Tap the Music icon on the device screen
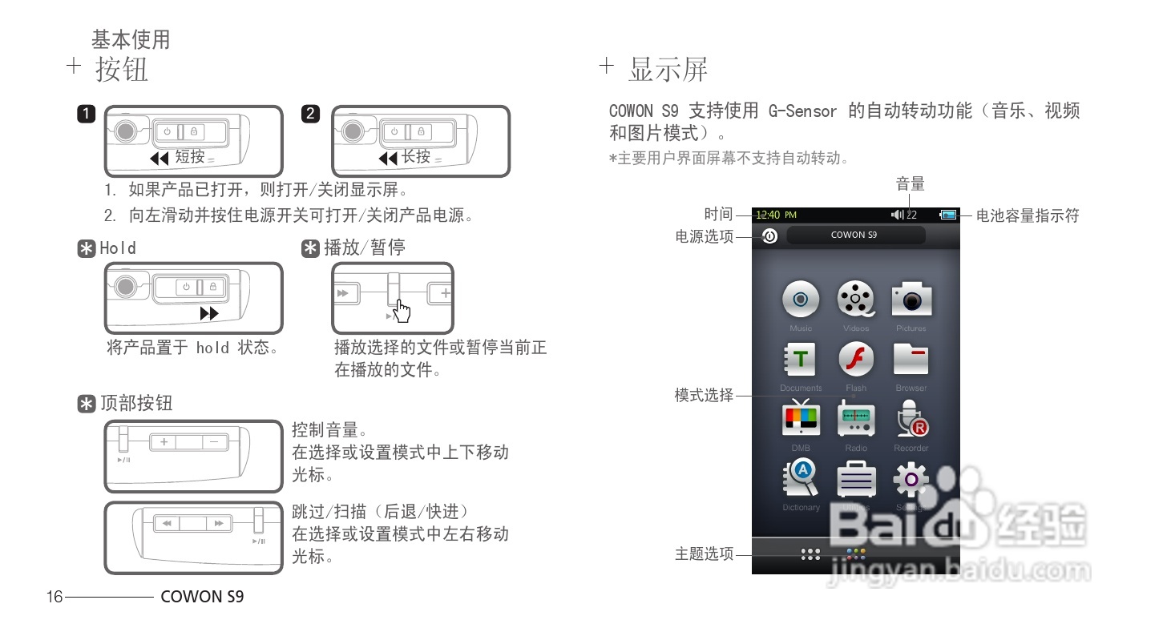click(800, 300)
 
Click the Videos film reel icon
click(856, 300)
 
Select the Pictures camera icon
click(911, 300)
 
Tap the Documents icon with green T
click(800, 360)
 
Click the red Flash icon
click(856, 360)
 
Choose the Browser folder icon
click(911, 360)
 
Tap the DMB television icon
click(800, 419)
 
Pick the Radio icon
click(856, 419)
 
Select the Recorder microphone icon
click(911, 419)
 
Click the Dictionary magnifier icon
click(800, 479)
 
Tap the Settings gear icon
click(911, 479)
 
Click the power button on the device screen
click(769, 236)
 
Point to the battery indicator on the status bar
click(949, 215)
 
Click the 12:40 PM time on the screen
click(776, 215)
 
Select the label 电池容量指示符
click(1028, 215)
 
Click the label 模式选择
click(704, 395)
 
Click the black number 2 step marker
click(311, 114)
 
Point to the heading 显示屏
click(668, 70)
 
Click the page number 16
click(55, 597)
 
